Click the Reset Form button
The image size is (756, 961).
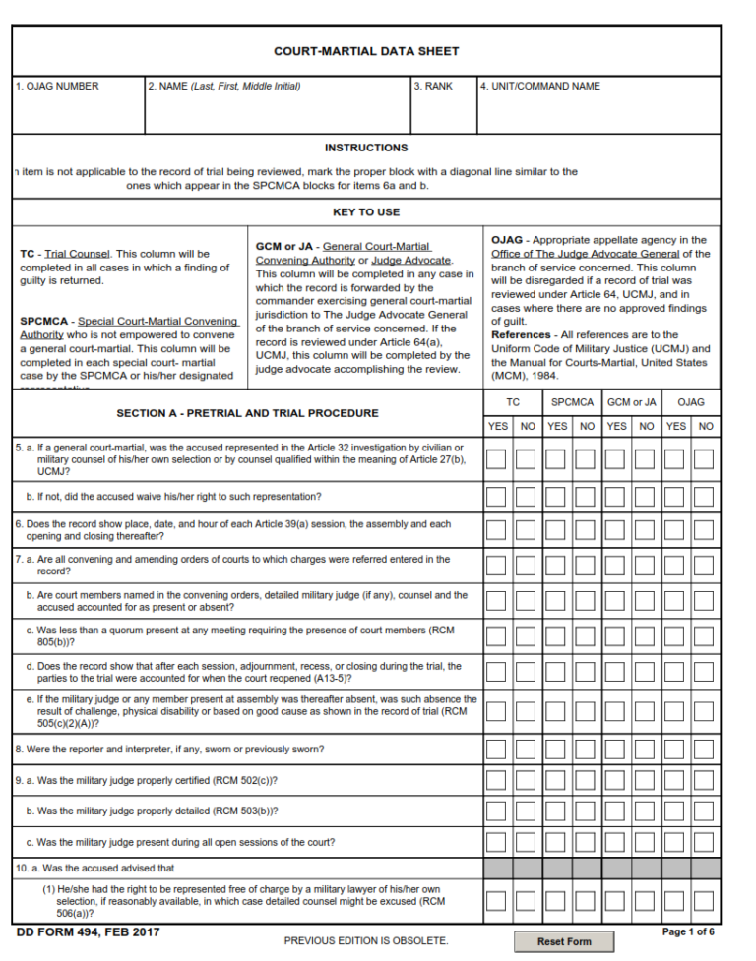(x=564, y=941)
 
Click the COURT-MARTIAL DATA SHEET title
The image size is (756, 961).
(x=366, y=51)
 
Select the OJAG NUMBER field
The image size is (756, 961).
(x=79, y=110)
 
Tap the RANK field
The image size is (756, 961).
(x=444, y=110)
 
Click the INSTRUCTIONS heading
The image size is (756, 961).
(x=366, y=148)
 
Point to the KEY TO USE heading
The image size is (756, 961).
(x=366, y=211)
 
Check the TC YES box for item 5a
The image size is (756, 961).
(x=497, y=459)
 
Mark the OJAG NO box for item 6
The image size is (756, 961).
(x=703, y=530)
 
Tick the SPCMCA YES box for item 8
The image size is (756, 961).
(x=557, y=749)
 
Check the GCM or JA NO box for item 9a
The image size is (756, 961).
(x=645, y=781)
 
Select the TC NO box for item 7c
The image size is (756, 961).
(x=527, y=637)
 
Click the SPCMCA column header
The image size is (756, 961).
(x=572, y=402)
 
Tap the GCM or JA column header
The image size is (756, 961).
(x=631, y=402)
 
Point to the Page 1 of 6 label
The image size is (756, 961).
(x=688, y=931)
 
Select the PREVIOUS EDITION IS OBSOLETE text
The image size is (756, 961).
(x=366, y=941)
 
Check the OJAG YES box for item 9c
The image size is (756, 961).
(x=674, y=842)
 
